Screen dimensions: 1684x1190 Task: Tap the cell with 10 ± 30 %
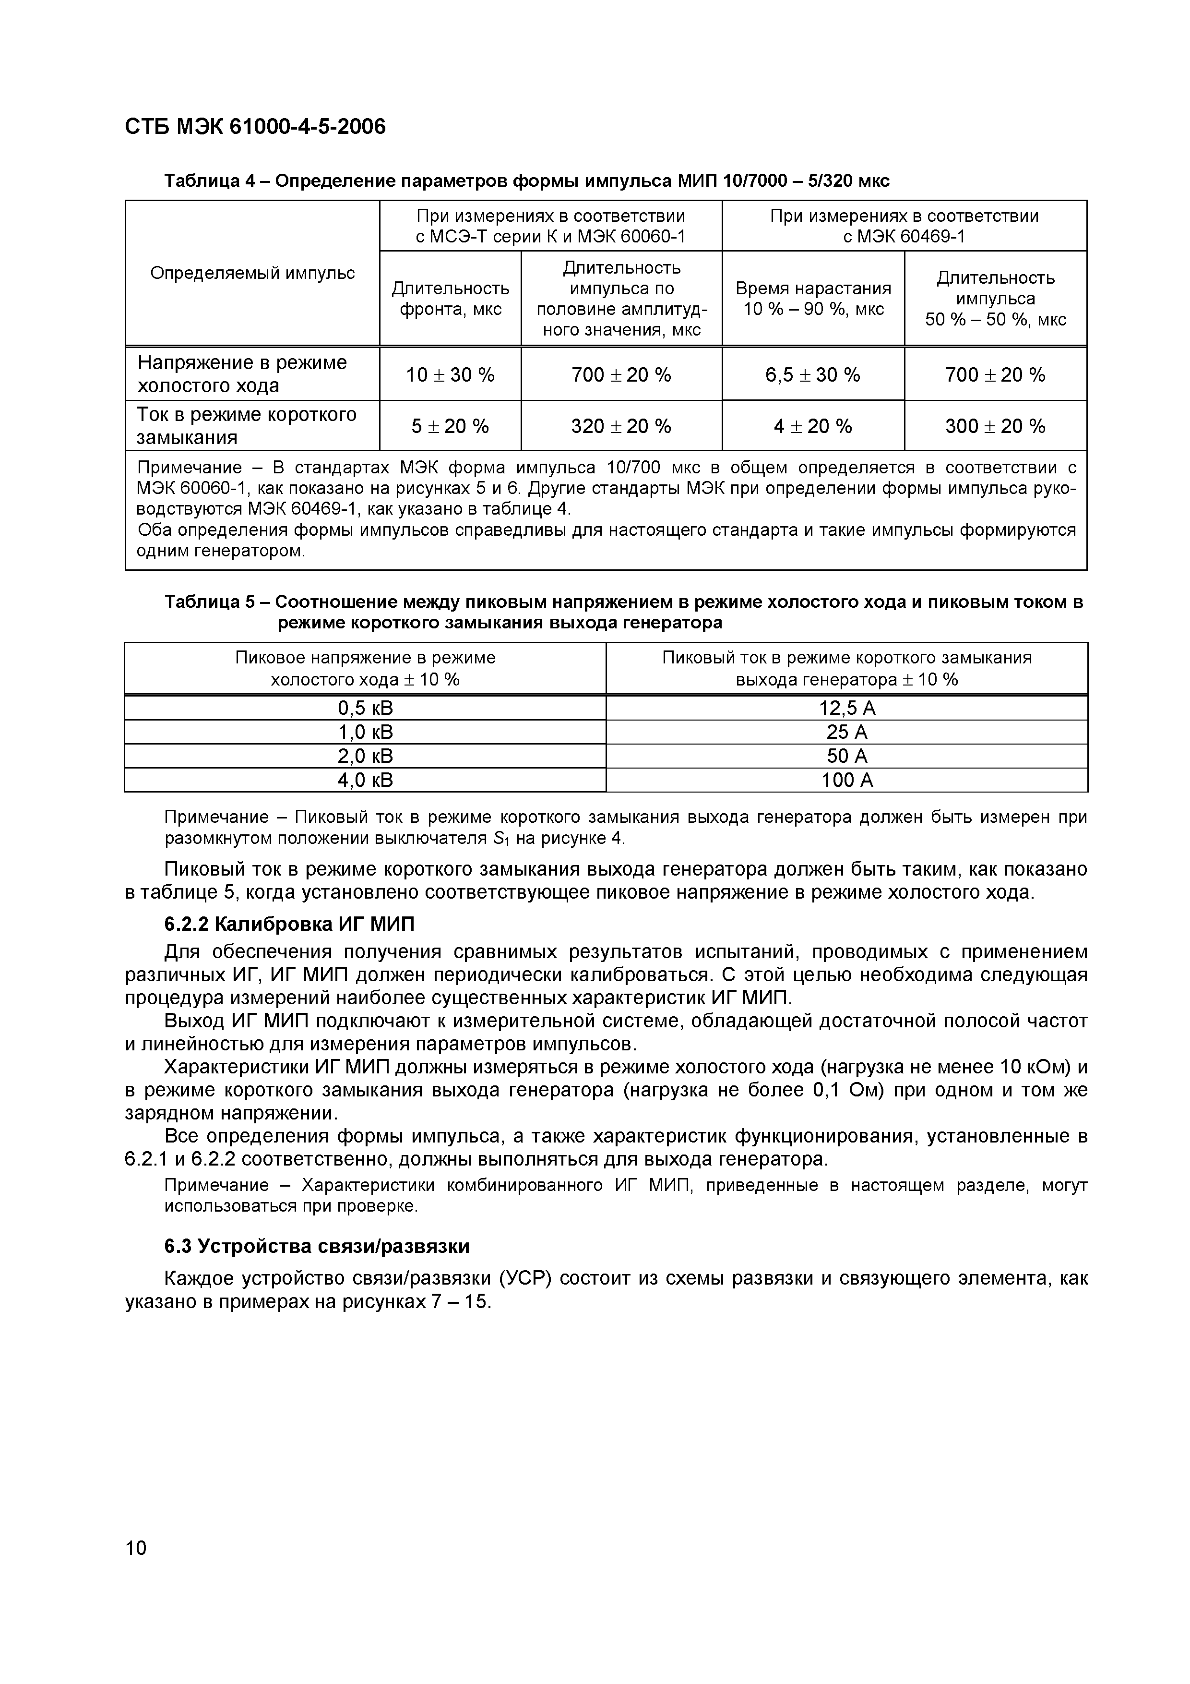coord(450,375)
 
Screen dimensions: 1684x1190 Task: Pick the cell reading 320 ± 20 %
coord(621,426)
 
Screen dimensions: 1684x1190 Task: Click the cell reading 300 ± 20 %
coord(995,426)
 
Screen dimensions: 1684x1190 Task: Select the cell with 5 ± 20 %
coord(450,426)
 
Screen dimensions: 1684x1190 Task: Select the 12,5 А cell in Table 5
coord(847,708)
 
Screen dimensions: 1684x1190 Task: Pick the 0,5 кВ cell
coord(365,708)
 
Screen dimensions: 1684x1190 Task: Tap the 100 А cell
coord(847,780)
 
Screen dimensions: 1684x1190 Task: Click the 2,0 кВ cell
coord(365,756)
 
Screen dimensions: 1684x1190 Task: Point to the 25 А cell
coord(847,732)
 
